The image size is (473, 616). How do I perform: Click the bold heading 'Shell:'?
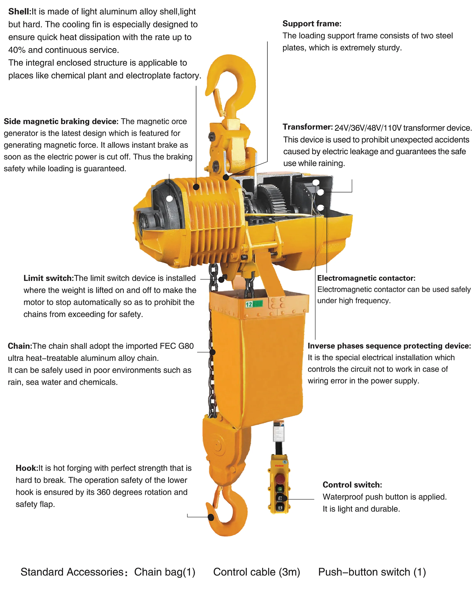tap(20, 11)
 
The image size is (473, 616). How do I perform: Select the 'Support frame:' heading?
tap(312, 24)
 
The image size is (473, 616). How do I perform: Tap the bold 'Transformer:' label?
tap(307, 127)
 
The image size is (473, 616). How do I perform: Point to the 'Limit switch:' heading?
tap(48, 278)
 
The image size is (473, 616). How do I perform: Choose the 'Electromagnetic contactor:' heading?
tap(366, 278)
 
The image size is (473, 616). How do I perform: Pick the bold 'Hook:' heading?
tap(27, 468)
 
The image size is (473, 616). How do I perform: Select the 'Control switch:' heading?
tap(352, 485)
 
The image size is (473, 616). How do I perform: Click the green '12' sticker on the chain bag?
tap(253, 304)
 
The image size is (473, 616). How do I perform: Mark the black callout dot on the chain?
tap(213, 352)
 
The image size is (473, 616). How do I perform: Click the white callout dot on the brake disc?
tap(169, 198)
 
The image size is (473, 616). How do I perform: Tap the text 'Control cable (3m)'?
tap(257, 572)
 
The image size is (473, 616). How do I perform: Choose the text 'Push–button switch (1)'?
tap(372, 572)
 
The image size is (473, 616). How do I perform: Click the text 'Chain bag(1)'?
tap(165, 572)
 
